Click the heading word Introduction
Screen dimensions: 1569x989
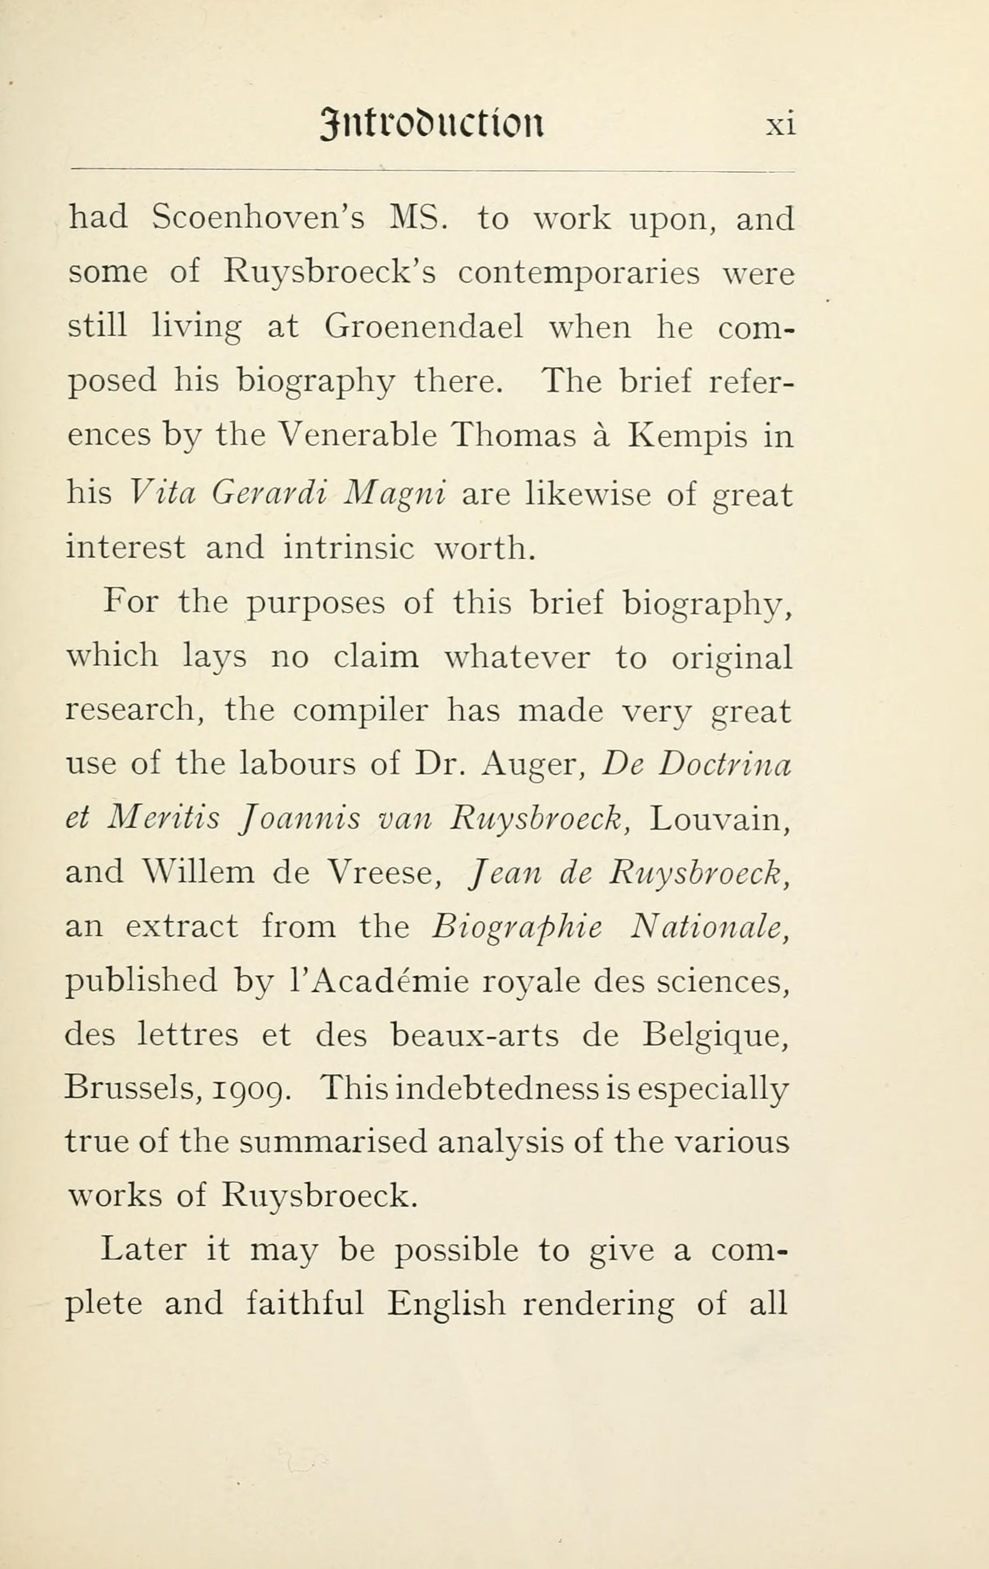click(432, 124)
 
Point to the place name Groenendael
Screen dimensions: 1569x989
click(424, 327)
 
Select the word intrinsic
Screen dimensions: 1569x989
click(349, 548)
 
